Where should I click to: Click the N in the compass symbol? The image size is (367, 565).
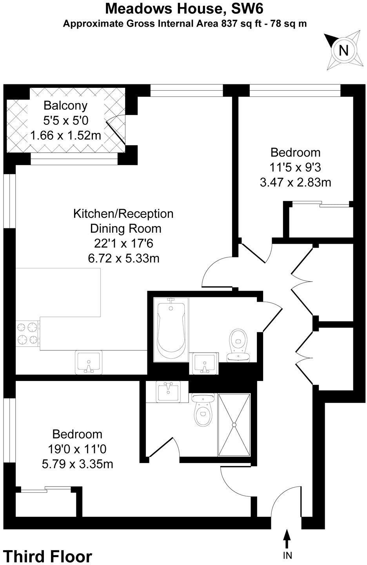(343, 51)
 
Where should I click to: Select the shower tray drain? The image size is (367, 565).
(234, 425)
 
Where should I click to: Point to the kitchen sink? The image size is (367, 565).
(88, 362)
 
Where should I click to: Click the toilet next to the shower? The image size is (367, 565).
(202, 410)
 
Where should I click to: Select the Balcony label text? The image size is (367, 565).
(65, 106)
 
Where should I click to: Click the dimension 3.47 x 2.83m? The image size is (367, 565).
(296, 182)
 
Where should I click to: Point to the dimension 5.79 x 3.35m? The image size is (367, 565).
(77, 464)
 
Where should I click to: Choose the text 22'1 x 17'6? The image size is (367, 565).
(123, 243)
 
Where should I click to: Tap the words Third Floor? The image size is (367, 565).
(47, 556)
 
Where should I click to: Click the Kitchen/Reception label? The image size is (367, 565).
(123, 214)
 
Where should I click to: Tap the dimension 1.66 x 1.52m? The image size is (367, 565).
(65, 136)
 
